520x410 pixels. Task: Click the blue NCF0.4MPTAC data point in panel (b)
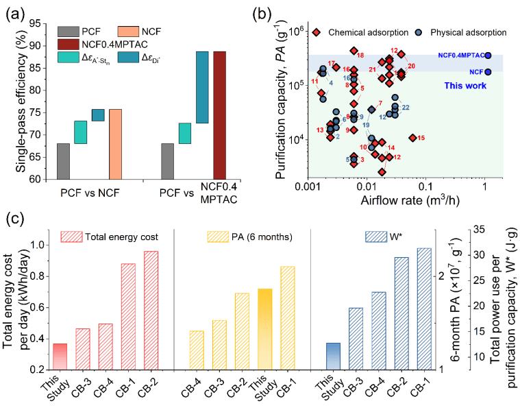(488, 55)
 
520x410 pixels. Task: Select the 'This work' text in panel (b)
(466, 86)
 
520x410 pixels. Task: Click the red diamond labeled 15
(412, 138)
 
